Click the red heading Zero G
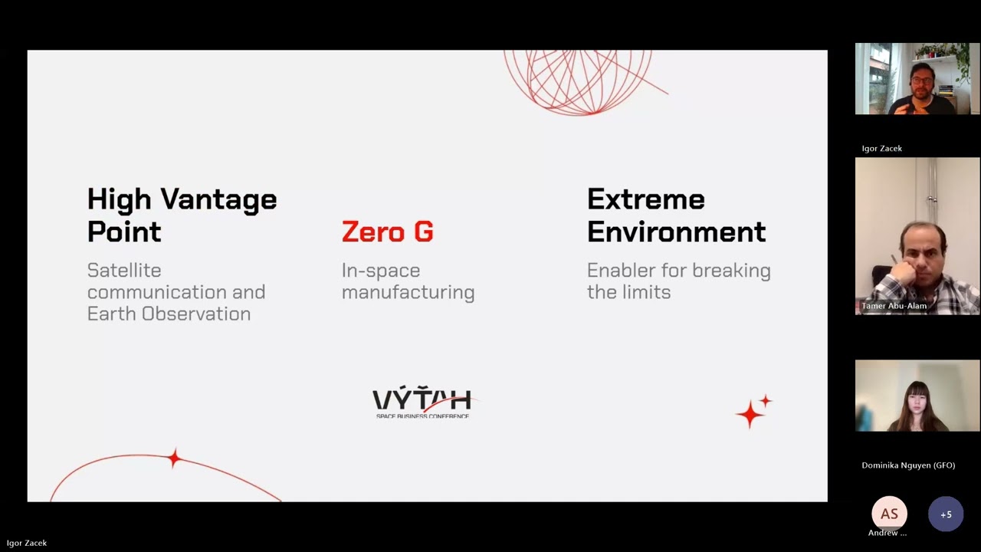click(387, 232)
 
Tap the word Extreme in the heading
click(645, 199)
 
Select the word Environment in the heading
click(676, 232)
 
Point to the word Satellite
click(123, 271)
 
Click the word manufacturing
click(408, 292)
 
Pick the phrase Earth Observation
click(169, 314)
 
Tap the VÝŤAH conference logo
click(422, 402)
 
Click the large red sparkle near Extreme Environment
click(750, 415)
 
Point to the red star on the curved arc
click(175, 458)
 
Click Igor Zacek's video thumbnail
click(917, 79)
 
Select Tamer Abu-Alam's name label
click(894, 306)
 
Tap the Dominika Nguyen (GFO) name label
click(908, 465)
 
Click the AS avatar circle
click(889, 514)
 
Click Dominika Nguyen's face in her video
click(916, 399)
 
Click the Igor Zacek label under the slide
click(27, 543)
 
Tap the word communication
click(176, 292)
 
